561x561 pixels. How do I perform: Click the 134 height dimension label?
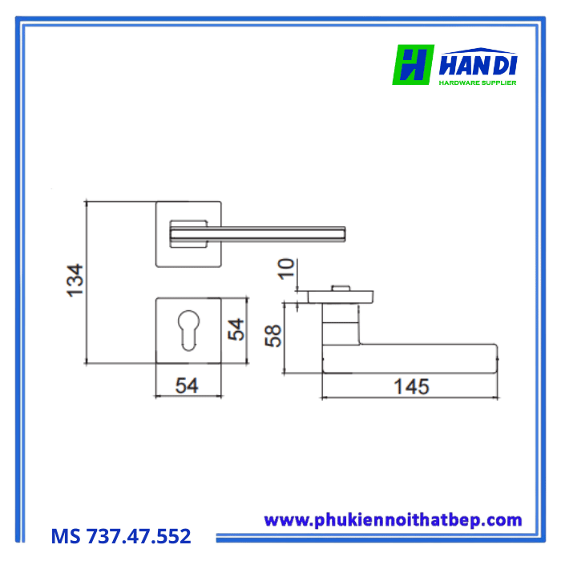point(75,280)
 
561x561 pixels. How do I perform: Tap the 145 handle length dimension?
point(411,387)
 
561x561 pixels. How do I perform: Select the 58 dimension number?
point(273,336)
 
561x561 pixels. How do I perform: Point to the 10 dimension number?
point(286,268)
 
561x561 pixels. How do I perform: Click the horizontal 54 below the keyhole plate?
point(187,385)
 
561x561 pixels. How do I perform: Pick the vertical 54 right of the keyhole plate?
point(236,329)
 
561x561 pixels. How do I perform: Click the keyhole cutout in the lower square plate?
point(188,330)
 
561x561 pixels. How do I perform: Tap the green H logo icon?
point(414,65)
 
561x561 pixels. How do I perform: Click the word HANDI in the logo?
point(478,65)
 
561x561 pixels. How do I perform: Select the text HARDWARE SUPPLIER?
point(478,83)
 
